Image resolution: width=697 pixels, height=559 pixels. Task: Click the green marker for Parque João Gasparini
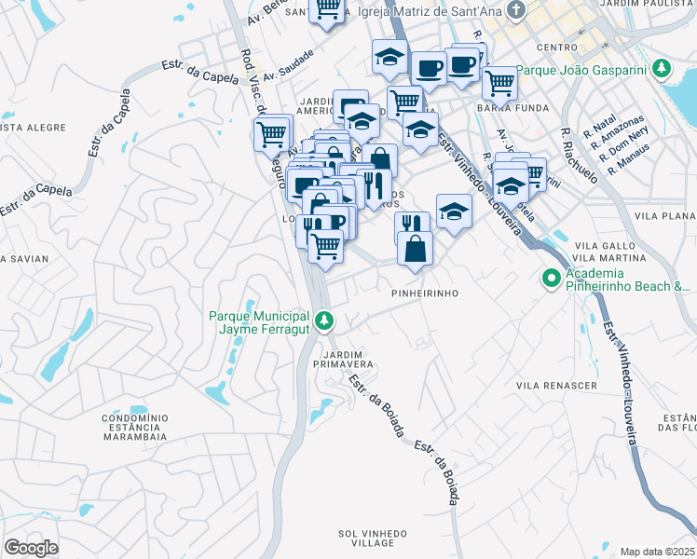click(662, 69)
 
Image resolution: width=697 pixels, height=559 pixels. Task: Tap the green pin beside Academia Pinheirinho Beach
click(551, 277)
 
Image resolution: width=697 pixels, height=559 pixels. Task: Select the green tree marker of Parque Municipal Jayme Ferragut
click(324, 321)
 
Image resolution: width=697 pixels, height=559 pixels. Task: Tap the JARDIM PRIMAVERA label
click(348, 359)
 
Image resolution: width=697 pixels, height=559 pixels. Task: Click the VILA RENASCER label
click(556, 385)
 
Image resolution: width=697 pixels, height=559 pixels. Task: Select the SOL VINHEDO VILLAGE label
click(374, 538)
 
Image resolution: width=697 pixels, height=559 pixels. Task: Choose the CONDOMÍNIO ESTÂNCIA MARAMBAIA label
click(134, 427)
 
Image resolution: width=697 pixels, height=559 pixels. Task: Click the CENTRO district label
click(556, 47)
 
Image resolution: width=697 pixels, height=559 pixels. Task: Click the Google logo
click(31, 548)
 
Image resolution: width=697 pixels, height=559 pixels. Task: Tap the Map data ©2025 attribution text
click(657, 552)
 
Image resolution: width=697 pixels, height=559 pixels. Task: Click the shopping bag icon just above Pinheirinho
click(415, 248)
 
